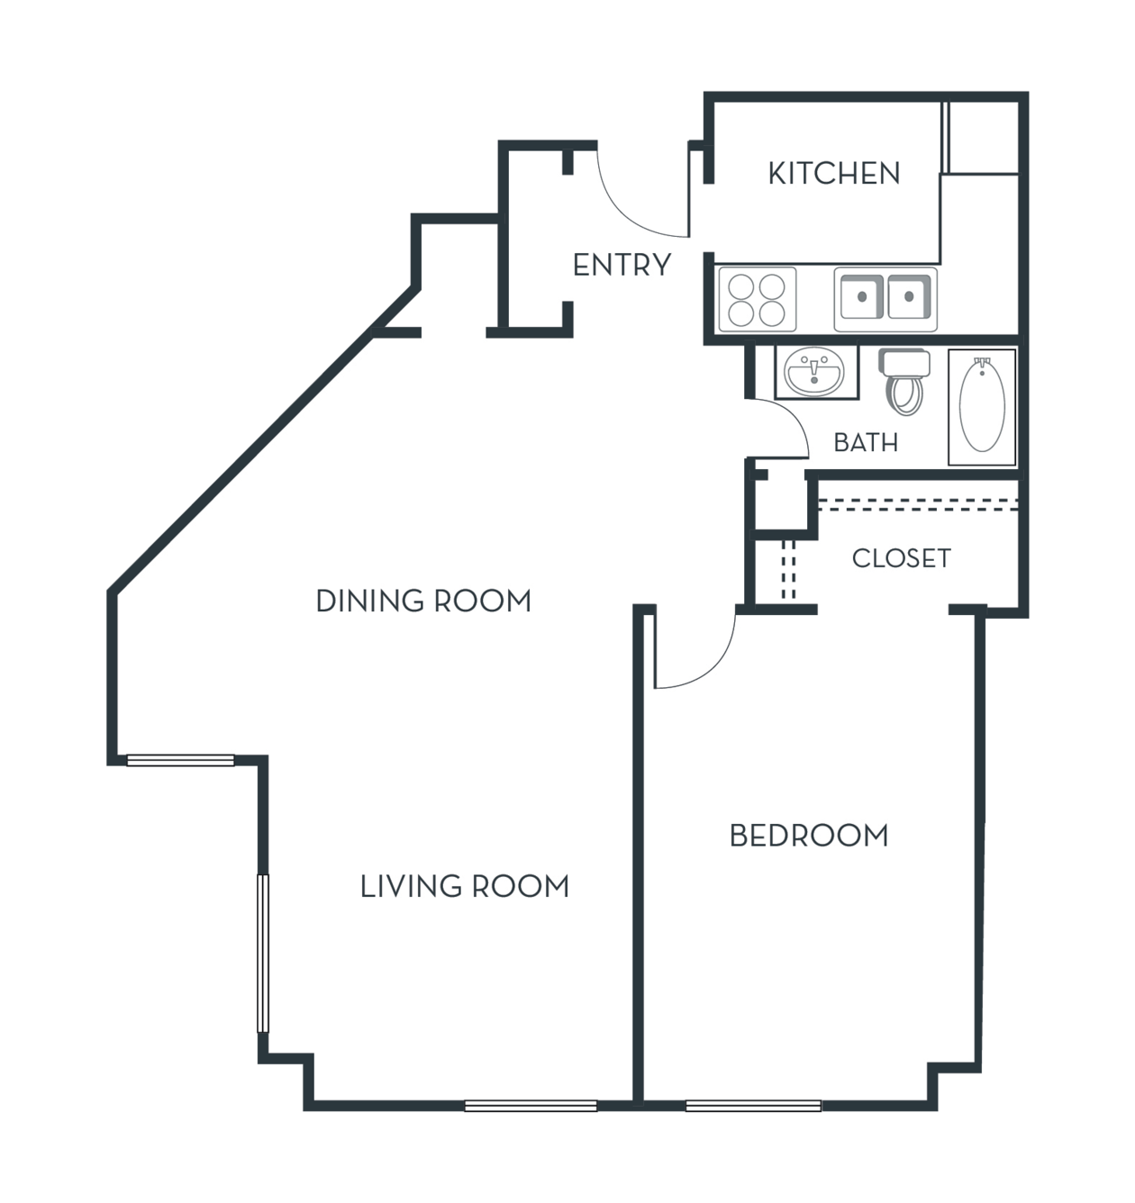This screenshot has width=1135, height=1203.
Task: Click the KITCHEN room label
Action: pos(834,173)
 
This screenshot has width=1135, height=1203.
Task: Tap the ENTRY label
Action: pos(622,265)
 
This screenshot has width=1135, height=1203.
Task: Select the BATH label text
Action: pos(866,443)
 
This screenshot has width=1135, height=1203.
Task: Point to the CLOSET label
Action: pos(901,558)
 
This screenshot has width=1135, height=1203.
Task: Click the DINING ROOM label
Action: pos(423,601)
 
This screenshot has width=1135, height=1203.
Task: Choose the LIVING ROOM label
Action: pos(465,886)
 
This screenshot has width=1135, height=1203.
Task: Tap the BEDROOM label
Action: pos(809,836)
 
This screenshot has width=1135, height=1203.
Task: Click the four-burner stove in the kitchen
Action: pos(757,299)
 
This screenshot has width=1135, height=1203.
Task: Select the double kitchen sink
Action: pos(885,299)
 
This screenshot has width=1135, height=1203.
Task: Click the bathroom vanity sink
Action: pos(816,371)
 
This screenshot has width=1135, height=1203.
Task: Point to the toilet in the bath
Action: pos(904,382)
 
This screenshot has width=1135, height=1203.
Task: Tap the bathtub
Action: pos(982,407)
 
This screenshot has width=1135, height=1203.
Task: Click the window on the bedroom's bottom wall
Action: pos(753,1106)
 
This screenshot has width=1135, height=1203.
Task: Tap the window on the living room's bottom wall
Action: pos(531,1106)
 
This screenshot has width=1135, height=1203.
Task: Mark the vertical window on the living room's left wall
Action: pos(263,954)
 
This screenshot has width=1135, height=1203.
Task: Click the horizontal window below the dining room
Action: pos(180,760)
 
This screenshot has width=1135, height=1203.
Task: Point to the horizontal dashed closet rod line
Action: pos(918,505)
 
